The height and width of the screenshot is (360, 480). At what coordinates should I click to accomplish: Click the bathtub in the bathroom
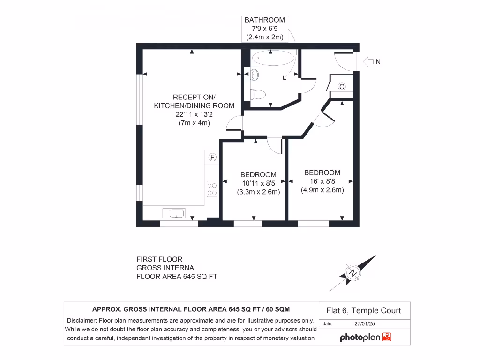click(274, 59)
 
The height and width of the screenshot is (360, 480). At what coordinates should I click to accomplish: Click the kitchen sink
click(174, 213)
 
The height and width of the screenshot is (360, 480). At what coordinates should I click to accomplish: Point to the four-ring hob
click(212, 188)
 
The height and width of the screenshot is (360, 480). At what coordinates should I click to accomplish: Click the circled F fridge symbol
click(212, 157)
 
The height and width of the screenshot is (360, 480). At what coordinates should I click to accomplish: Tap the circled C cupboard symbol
click(342, 87)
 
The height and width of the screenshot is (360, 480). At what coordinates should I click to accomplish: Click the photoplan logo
click(365, 337)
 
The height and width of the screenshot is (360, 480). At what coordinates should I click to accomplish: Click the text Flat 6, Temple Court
click(363, 310)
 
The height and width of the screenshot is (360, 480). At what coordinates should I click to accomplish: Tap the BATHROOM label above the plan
click(264, 20)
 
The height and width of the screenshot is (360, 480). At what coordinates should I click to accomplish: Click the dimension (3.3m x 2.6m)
click(259, 192)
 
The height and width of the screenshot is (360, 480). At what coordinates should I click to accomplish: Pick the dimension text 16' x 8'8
click(322, 181)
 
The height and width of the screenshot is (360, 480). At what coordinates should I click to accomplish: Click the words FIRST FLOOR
click(159, 259)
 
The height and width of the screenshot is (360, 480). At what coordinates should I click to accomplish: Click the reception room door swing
click(234, 124)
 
